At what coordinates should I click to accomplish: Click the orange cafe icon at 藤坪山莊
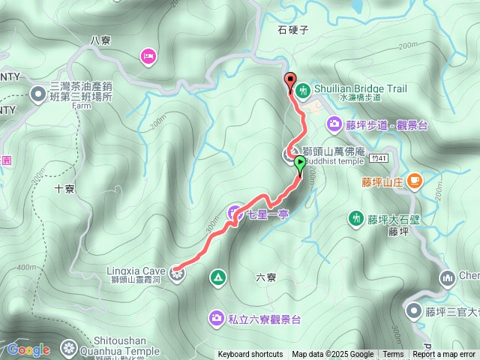tap(415, 181)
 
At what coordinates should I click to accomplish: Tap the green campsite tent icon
tap(217, 278)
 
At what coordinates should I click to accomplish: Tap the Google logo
tap(28, 349)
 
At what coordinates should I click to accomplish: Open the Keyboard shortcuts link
tap(250, 355)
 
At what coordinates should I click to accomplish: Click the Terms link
tap(393, 355)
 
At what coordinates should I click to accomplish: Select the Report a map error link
tap(444, 355)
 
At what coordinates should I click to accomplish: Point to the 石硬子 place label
tap(293, 31)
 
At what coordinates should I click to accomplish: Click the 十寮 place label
tap(65, 189)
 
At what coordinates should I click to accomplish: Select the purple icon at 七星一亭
tap(234, 212)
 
